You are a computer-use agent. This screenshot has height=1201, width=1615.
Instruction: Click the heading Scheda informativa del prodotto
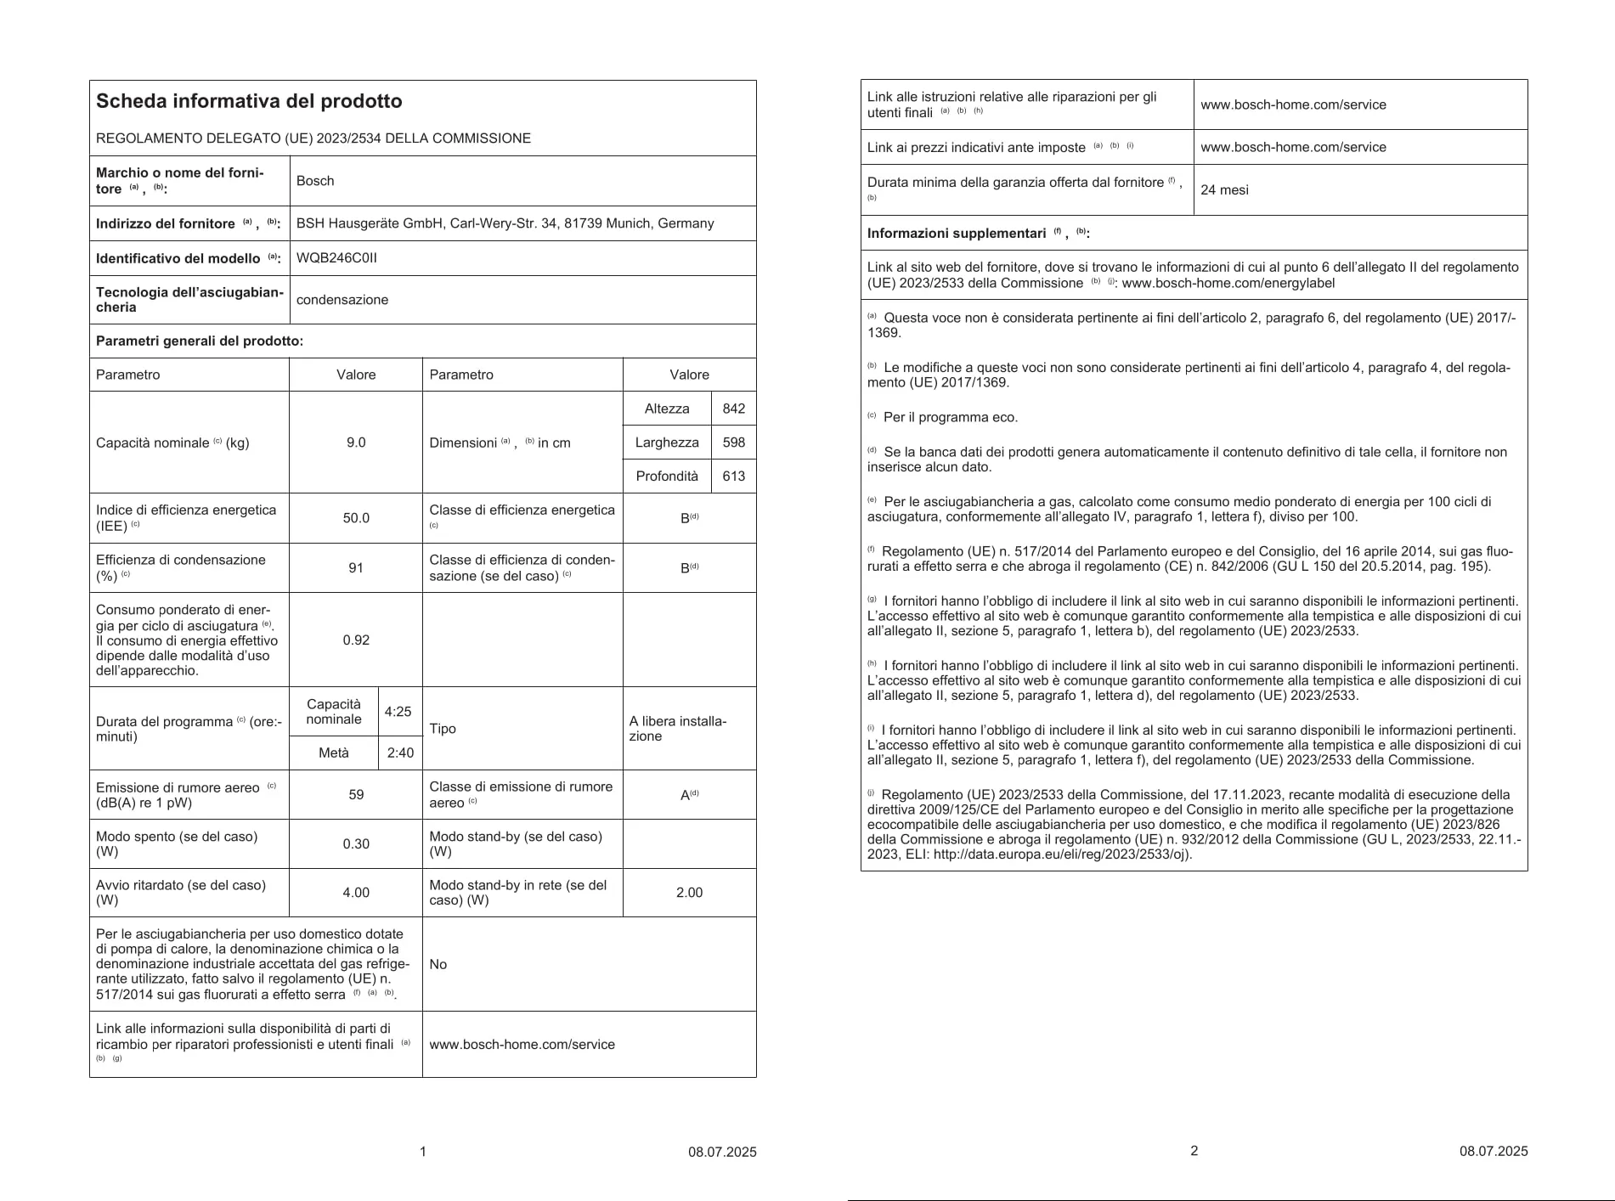tap(249, 101)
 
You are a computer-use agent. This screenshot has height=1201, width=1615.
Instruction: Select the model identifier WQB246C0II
tap(336, 258)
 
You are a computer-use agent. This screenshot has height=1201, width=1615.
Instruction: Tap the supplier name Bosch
tap(315, 181)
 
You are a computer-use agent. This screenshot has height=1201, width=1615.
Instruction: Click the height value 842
tap(733, 409)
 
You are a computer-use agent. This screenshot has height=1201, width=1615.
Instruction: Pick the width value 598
tap(733, 443)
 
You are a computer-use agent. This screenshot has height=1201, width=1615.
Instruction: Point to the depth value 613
tap(733, 476)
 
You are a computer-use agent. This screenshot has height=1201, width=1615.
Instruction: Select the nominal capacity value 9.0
tap(356, 443)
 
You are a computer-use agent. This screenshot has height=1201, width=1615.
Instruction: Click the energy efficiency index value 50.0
tap(356, 518)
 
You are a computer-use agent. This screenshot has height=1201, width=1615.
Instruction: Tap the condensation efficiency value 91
tap(356, 567)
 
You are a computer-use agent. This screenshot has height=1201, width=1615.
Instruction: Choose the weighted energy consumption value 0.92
tap(356, 640)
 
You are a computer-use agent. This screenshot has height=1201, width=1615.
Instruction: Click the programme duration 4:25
tap(398, 712)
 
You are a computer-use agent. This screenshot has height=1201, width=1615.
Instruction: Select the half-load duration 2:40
tap(400, 753)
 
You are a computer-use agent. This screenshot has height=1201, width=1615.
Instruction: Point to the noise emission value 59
tap(356, 794)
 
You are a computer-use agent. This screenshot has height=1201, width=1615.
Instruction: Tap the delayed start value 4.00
tap(356, 893)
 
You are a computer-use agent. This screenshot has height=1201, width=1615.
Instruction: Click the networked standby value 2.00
tap(689, 893)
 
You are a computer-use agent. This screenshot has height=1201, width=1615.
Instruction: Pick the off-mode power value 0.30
tap(356, 843)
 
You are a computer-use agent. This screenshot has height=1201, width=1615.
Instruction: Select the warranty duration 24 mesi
tap(1224, 189)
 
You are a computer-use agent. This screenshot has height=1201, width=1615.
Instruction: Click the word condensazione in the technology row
tap(342, 300)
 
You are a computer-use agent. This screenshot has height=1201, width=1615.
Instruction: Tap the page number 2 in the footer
tap(1194, 1151)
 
